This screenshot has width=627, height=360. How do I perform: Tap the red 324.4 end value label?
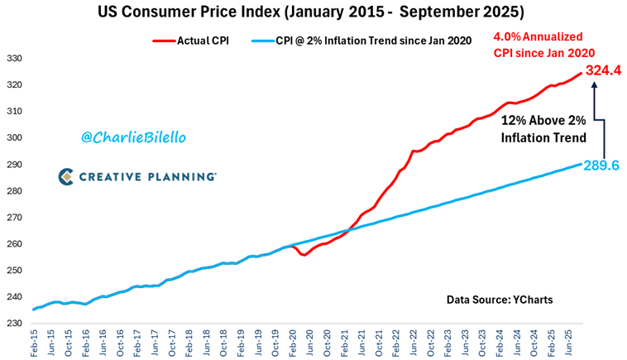[x=605, y=72]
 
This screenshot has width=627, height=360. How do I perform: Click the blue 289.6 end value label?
[x=605, y=166]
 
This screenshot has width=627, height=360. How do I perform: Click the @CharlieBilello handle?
[x=127, y=137]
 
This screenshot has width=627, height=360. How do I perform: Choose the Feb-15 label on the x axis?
[x=36, y=343]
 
